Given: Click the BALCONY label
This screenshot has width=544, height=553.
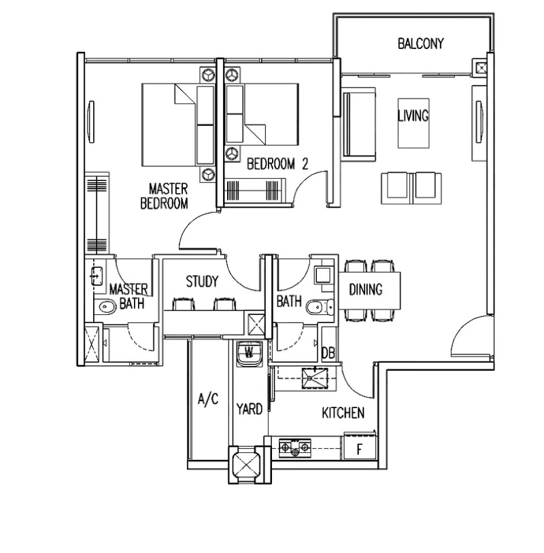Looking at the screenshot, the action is tap(420, 44).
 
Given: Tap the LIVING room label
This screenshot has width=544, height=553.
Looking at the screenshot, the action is tap(413, 116).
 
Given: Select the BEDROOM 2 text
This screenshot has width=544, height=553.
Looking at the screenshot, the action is tap(277, 164).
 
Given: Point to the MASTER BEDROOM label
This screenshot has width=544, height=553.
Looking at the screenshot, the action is tap(165, 196).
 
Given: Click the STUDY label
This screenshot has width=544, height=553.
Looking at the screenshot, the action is tap(202, 282).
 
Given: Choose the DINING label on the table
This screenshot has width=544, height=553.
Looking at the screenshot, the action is tap(366, 290).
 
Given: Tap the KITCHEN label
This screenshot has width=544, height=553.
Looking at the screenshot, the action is tap(343, 413).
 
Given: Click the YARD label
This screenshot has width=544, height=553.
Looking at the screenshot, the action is tap(250, 409).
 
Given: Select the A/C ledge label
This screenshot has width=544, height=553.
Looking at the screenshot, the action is tap(208, 399).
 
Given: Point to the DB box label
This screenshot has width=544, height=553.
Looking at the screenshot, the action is tap(328, 353).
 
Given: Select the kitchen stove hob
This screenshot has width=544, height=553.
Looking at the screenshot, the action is tap(295, 448).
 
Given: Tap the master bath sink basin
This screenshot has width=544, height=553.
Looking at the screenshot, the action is tap(97, 275).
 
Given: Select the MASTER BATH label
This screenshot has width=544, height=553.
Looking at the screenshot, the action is tap(129, 296).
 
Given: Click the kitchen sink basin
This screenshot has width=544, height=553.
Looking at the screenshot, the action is tap(315, 378).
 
